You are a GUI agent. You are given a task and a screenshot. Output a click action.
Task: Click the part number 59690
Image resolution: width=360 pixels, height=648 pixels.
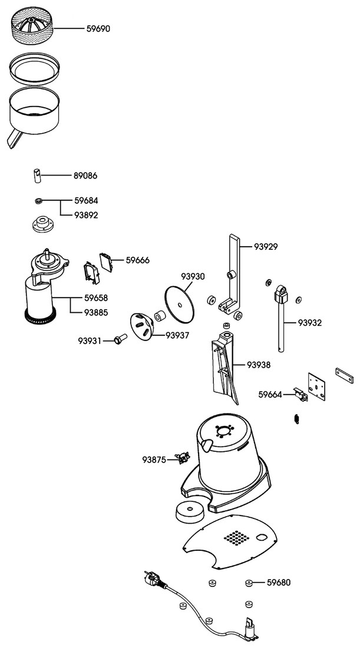98,29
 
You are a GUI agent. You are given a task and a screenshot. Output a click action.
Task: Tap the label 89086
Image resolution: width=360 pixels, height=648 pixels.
85,176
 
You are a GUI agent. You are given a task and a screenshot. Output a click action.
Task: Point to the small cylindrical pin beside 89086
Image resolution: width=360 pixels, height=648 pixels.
37,175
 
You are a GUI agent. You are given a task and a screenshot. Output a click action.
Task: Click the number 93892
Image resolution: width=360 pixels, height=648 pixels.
86,215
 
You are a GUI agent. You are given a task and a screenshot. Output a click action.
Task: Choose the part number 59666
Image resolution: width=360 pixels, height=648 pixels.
138,260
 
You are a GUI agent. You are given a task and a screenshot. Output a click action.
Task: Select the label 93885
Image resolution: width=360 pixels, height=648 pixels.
96,313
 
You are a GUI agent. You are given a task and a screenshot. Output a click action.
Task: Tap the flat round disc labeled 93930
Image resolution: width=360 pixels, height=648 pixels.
179,305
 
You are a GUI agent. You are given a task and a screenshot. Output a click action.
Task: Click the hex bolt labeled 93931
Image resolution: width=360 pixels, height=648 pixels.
120,339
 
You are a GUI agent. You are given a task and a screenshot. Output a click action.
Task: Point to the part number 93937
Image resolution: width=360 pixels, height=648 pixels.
177,336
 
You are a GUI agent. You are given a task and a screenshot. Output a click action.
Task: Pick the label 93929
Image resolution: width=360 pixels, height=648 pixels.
266,247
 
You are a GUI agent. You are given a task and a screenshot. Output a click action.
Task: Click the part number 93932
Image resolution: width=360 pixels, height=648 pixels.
310,323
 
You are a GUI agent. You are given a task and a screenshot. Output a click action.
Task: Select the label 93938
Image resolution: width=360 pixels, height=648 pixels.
259,365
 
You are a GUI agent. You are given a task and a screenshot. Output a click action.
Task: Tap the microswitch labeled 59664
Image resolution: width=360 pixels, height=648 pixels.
300,395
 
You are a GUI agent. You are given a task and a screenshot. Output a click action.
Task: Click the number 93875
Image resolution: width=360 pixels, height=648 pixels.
154,459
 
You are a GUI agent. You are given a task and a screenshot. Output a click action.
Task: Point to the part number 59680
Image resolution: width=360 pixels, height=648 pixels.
279,583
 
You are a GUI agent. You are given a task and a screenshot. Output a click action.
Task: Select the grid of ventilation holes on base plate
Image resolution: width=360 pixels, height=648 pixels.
236,538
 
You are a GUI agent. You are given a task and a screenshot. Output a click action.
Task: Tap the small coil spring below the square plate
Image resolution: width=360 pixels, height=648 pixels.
296,419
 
